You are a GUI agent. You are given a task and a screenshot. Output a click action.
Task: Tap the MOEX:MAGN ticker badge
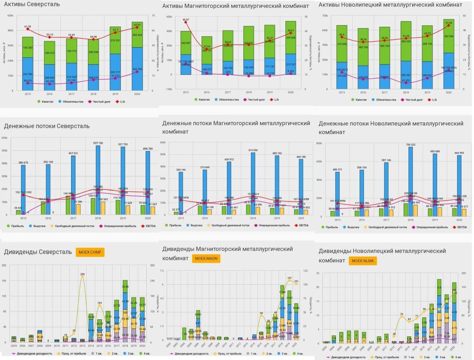207,259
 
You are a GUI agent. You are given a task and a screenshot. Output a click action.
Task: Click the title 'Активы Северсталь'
32,4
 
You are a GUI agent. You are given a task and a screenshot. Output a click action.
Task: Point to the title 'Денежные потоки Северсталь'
47,126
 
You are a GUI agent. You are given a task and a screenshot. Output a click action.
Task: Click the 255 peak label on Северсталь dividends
83,274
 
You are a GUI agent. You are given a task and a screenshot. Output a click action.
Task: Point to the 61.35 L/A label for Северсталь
28,26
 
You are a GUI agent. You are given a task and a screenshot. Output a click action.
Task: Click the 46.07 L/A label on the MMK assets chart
186,19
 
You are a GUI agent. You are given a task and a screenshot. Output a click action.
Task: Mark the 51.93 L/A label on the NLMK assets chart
448,23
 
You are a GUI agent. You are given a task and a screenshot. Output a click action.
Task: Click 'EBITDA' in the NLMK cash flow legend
461,227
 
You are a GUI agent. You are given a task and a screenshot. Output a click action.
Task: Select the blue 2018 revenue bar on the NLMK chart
407,182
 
